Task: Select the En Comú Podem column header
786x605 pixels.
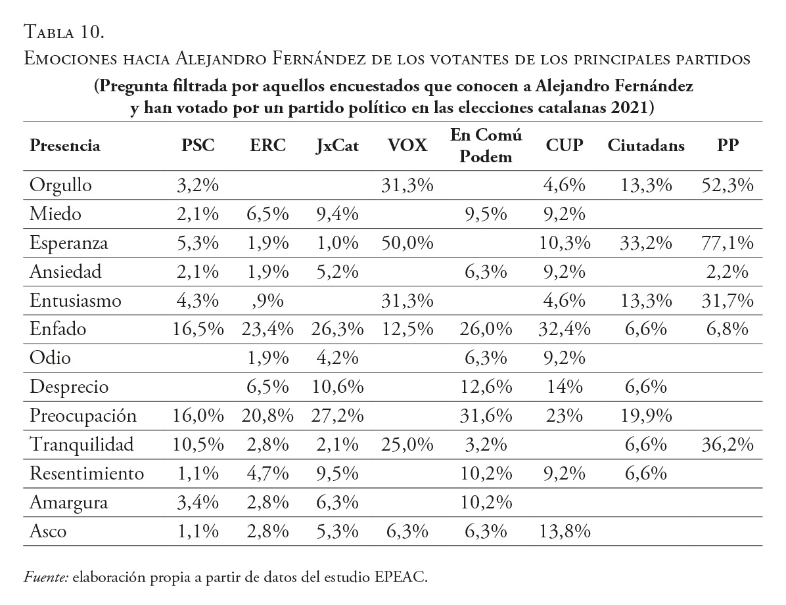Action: (x=486, y=146)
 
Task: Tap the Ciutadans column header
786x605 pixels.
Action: (x=646, y=146)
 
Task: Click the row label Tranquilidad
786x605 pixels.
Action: (x=81, y=445)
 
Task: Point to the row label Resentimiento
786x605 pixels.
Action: (x=86, y=474)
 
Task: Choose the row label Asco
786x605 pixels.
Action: (x=48, y=531)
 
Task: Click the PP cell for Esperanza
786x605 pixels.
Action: (x=726, y=243)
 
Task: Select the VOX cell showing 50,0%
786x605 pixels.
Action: (x=407, y=243)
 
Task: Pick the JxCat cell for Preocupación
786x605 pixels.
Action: (x=336, y=416)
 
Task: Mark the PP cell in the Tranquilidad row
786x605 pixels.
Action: (x=726, y=445)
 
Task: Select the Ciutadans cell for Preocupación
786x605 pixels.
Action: (x=646, y=416)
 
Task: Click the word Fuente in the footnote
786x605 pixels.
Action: (x=46, y=578)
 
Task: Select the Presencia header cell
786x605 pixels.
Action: (x=65, y=146)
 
